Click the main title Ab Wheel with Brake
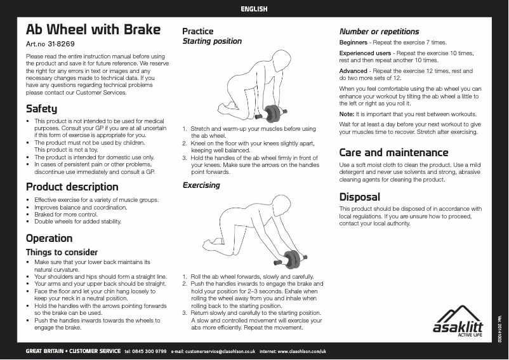point(93,30)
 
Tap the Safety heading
point(41,109)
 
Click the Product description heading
point(72,187)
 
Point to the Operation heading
point(49,238)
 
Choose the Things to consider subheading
point(62,252)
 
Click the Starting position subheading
point(212,41)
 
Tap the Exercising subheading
point(201,185)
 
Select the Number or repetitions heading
point(379,31)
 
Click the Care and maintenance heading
point(393,152)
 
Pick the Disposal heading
point(359,197)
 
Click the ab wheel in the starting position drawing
point(274,114)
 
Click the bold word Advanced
point(353,71)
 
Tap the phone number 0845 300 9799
point(151,350)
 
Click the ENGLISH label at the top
point(254,9)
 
